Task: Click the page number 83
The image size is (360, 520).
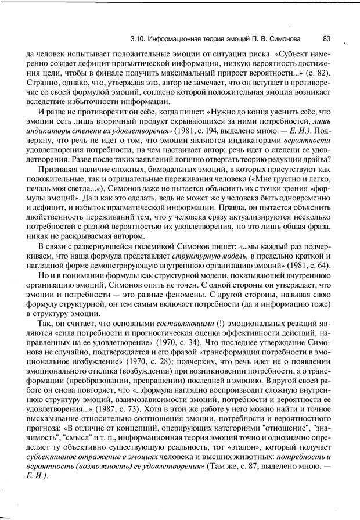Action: pos(326,39)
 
